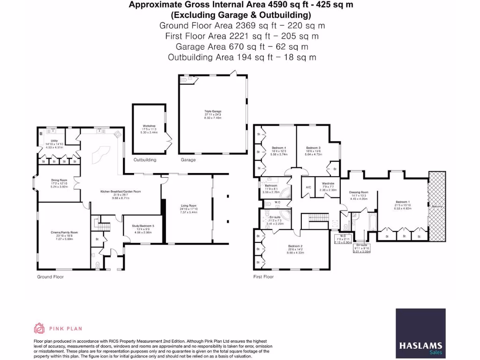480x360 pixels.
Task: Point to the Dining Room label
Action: click(x=60, y=180)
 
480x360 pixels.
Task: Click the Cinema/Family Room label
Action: click(x=65, y=232)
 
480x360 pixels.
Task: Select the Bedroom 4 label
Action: click(x=279, y=148)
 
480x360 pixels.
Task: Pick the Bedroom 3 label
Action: click(x=313, y=148)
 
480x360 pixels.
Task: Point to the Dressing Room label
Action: click(x=359, y=192)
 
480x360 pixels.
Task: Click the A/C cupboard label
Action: click(x=308, y=187)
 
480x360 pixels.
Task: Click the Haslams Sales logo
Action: click(x=420, y=332)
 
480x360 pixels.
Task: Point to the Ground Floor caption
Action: click(x=50, y=277)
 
